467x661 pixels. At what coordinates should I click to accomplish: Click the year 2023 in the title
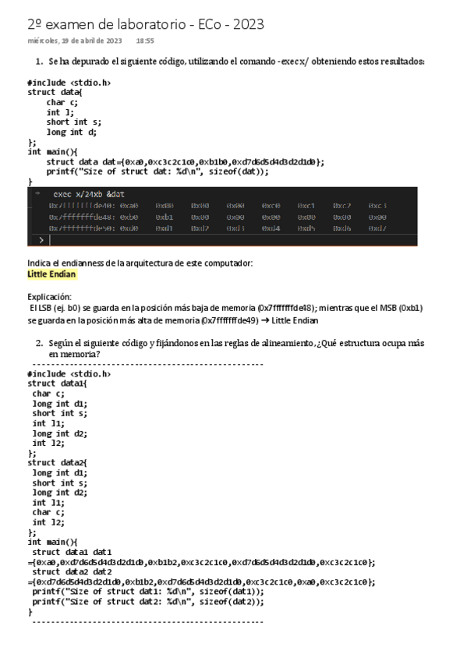pyautogui.click(x=247, y=24)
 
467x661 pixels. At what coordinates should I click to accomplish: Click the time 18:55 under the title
pyautogui.click(x=144, y=41)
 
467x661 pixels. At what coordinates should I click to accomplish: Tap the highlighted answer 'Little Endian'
pyautogui.click(x=52, y=274)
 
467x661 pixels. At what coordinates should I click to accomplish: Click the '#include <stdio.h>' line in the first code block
pyautogui.click(x=69, y=82)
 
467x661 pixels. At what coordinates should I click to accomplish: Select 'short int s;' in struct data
pyautogui.click(x=74, y=122)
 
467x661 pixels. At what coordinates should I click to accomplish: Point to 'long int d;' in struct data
pyautogui.click(x=72, y=132)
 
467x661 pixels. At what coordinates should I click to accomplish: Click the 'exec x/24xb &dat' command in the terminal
pyautogui.click(x=89, y=193)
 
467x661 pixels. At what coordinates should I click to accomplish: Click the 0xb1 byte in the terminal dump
pyautogui.click(x=164, y=217)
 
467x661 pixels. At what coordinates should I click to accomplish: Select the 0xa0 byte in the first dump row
pyautogui.click(x=129, y=206)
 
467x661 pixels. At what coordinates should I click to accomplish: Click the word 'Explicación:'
pyautogui.click(x=49, y=297)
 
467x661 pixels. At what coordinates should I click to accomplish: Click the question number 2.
pyautogui.click(x=39, y=343)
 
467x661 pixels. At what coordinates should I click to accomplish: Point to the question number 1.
pyautogui.click(x=39, y=61)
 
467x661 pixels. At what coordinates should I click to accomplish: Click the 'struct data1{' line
pyautogui.click(x=58, y=384)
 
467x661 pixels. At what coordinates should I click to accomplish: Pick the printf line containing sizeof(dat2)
pyautogui.click(x=148, y=601)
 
